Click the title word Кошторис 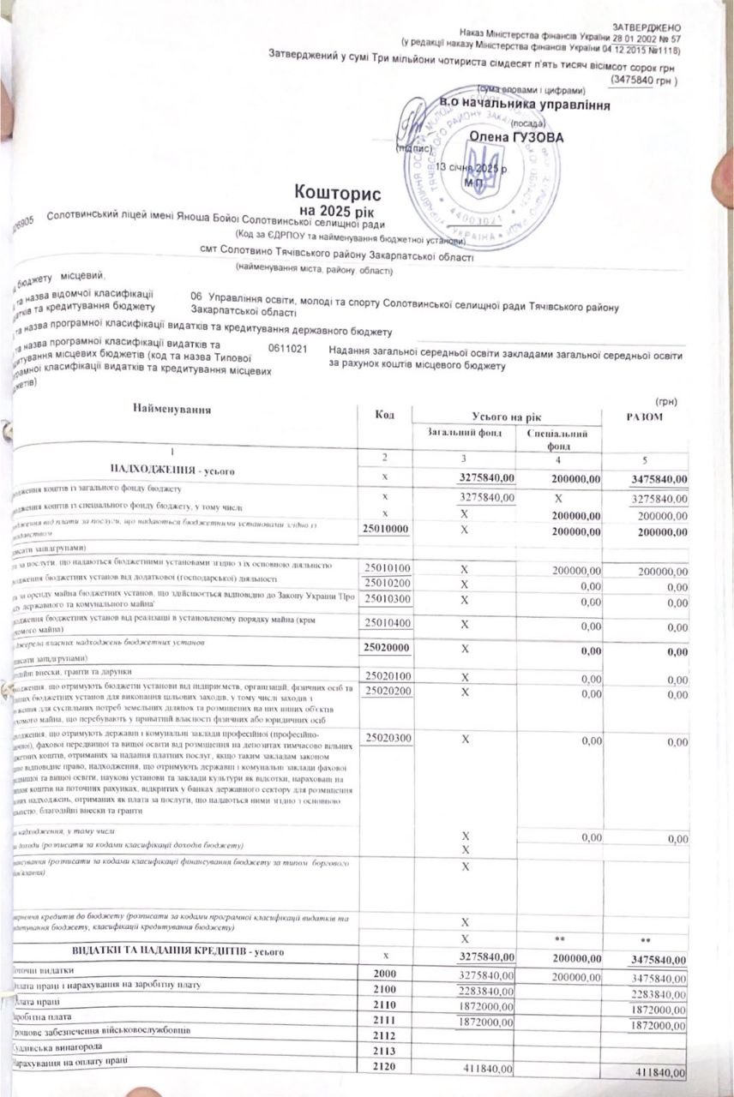click(337, 192)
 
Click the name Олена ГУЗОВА click(504, 136)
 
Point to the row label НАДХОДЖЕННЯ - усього click(171, 471)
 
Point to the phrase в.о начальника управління click(525, 105)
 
